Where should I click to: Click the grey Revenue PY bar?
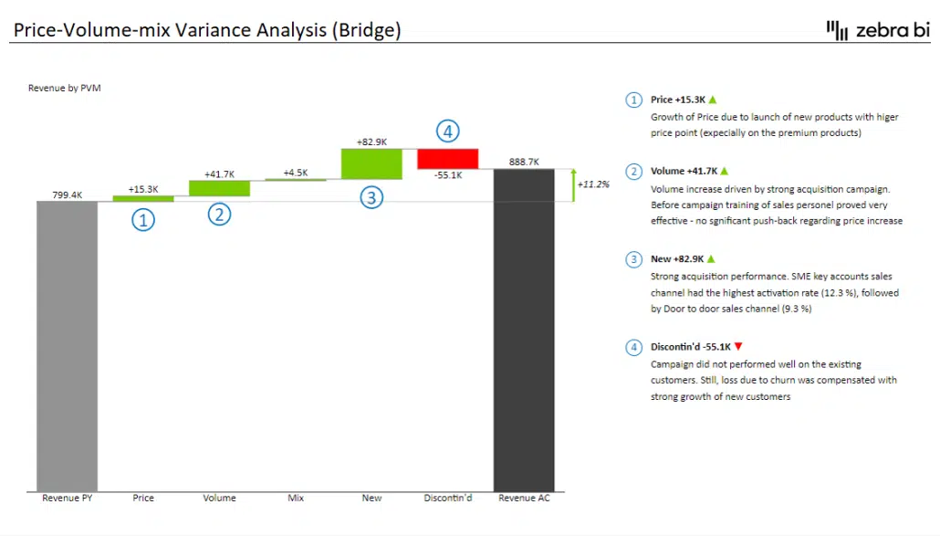(x=67, y=347)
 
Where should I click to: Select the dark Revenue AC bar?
(x=524, y=329)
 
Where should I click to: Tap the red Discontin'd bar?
(x=447, y=158)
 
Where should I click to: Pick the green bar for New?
(x=371, y=163)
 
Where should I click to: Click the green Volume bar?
(x=219, y=188)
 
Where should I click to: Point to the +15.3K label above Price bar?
(x=143, y=189)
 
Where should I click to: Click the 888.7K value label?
(x=524, y=162)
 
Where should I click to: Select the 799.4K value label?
(x=67, y=194)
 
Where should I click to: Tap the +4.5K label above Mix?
(x=296, y=173)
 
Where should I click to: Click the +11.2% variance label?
(x=594, y=184)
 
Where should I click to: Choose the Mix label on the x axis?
(x=296, y=499)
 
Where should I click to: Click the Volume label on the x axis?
(x=219, y=499)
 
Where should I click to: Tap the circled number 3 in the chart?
(x=371, y=196)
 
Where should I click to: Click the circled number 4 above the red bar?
(x=446, y=131)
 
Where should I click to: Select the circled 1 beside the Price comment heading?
(x=633, y=100)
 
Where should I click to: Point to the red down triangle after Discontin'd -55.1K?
(x=739, y=347)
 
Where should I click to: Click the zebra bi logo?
(x=877, y=30)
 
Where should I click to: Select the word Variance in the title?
(x=217, y=30)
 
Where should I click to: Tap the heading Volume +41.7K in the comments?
(x=684, y=171)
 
